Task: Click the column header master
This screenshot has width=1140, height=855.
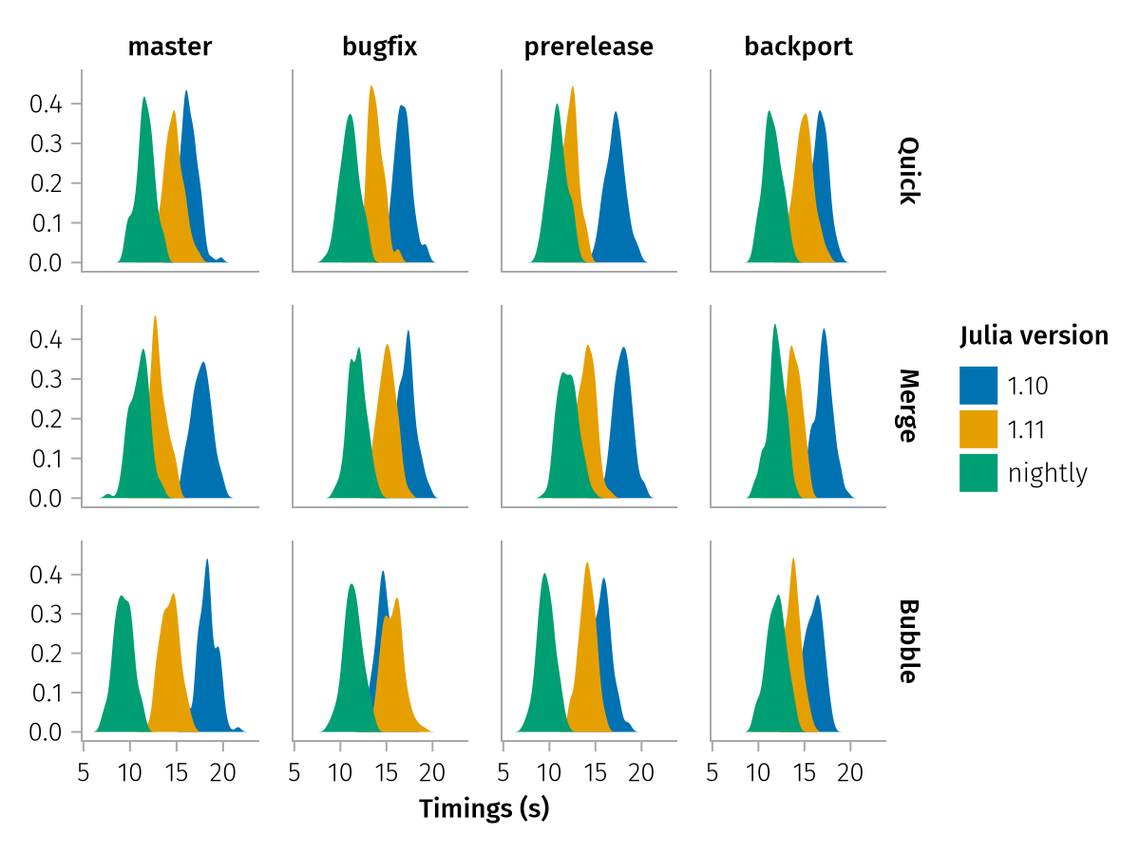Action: [x=170, y=47]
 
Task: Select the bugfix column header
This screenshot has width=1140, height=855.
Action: [x=380, y=47]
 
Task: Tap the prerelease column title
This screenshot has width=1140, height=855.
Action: [x=589, y=47]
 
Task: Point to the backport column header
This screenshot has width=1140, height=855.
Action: [x=799, y=47]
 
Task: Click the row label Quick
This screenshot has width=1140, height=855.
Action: [x=908, y=171]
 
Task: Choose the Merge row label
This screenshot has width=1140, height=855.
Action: [x=908, y=406]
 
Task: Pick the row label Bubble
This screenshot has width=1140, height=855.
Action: [x=908, y=641]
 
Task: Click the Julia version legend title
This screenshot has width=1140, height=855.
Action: [x=1034, y=335]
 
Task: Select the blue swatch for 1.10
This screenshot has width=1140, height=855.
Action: [x=978, y=385]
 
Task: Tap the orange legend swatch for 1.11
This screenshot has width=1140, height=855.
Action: [x=978, y=428]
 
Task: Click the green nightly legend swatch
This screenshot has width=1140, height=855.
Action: [x=978, y=472]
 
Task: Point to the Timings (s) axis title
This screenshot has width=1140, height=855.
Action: [x=484, y=809]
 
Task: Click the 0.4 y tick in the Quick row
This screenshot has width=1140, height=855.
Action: [x=42, y=104]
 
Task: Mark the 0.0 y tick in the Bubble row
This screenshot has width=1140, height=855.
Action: [x=42, y=732]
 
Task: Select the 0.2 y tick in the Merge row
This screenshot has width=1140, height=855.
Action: [x=42, y=419]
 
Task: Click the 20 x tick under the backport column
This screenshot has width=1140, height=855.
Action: [x=850, y=773]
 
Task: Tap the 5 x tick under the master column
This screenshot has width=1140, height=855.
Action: [x=84, y=773]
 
